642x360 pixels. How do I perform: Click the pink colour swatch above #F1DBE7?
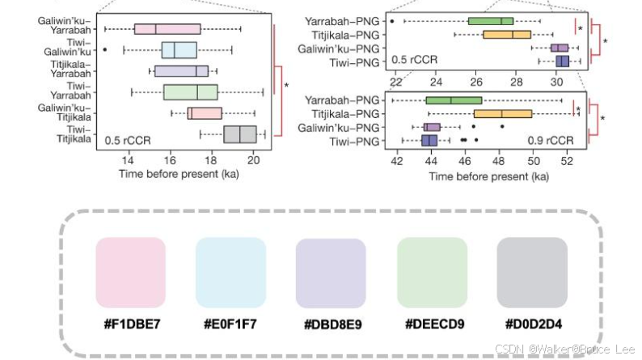coord(129,271)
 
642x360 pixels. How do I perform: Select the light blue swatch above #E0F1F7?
coord(230,271)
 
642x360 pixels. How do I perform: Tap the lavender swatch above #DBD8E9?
coord(331,271)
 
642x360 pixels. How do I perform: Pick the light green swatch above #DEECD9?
coord(431,271)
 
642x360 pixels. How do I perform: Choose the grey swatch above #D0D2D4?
coord(531,271)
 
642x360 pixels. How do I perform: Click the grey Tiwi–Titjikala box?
coord(240,134)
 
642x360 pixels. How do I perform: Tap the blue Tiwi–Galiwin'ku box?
coord(179,50)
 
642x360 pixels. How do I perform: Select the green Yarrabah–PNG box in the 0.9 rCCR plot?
coord(454,100)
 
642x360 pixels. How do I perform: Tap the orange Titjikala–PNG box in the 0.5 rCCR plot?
coord(507,35)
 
